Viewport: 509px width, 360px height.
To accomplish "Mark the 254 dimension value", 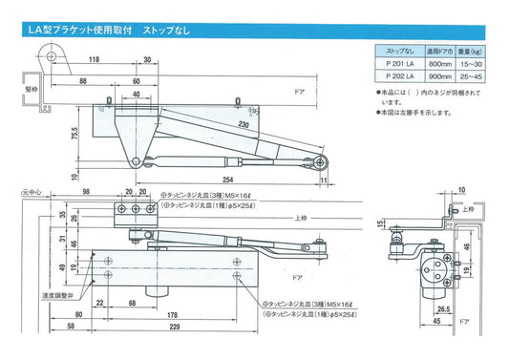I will coord(228,179).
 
